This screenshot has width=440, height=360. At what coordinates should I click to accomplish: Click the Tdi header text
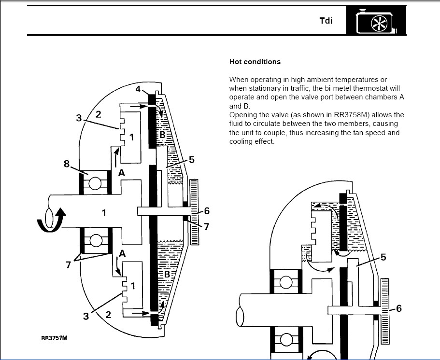tap(326, 21)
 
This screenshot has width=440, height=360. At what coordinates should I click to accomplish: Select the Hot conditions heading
tap(255, 62)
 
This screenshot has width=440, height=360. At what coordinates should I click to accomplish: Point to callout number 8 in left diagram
tap(67, 164)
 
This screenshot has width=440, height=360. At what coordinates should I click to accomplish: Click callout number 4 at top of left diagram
tap(138, 89)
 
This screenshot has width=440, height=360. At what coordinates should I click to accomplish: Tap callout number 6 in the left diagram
tap(207, 211)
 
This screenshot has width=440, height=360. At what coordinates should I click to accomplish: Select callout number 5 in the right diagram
tap(383, 257)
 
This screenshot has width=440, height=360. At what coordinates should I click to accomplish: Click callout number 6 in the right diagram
tap(398, 308)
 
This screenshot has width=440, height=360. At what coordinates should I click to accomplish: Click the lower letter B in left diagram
tap(167, 274)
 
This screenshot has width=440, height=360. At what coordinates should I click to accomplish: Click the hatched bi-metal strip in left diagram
tap(194, 212)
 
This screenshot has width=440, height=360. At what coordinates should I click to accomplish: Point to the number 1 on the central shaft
tap(104, 212)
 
